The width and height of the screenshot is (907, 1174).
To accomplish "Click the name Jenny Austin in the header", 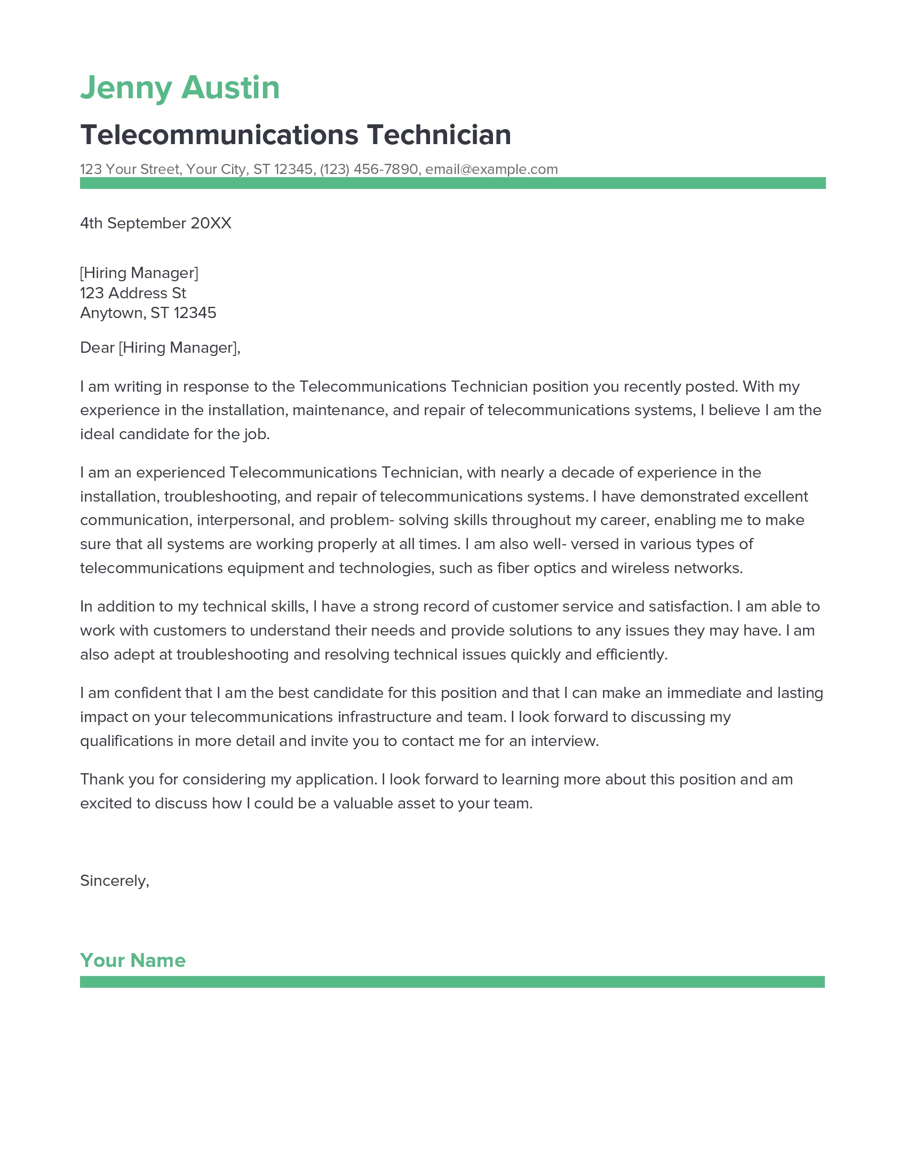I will (180, 88).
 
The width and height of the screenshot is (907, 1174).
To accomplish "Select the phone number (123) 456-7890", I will (369, 169).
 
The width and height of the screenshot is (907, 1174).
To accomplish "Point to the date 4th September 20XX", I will (156, 223).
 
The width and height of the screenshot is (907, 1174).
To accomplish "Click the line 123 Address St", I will (133, 293).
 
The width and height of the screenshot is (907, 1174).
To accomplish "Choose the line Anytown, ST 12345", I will (148, 313).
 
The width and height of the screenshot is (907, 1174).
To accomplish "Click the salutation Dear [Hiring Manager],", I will (160, 348).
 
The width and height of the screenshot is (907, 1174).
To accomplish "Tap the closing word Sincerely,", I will (115, 881).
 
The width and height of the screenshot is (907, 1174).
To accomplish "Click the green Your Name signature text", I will (133, 961).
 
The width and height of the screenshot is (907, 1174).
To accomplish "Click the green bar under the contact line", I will (452, 183).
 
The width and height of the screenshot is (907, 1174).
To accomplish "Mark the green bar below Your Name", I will (452, 982).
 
